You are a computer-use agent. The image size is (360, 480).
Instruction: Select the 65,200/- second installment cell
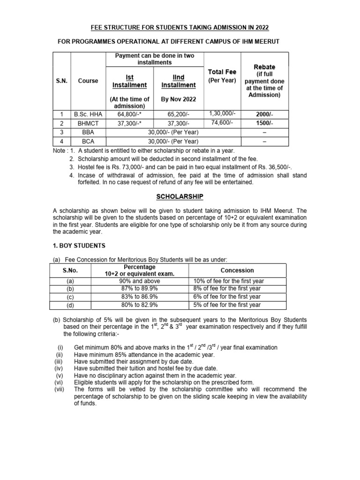(x=178, y=114)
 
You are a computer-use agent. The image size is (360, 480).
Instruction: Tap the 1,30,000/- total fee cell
(x=222, y=114)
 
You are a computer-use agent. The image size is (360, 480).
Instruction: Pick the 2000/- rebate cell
(x=264, y=114)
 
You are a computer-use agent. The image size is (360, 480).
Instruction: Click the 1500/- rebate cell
(x=264, y=123)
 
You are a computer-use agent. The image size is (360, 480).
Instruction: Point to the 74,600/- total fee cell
(x=222, y=123)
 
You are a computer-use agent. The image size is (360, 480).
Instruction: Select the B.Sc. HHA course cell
(x=88, y=114)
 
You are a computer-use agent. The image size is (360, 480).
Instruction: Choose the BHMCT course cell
(x=88, y=123)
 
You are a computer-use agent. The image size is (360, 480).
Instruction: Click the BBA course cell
(x=88, y=132)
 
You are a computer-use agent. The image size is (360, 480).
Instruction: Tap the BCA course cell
(x=88, y=141)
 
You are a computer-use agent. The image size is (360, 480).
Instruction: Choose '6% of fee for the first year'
(x=227, y=297)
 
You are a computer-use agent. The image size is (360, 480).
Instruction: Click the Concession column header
(x=237, y=270)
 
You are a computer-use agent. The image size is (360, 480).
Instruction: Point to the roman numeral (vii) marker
(x=59, y=389)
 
